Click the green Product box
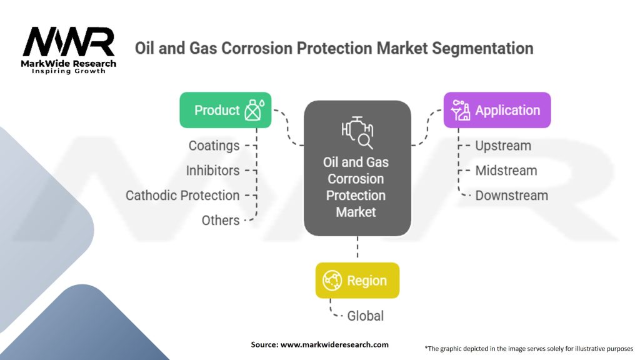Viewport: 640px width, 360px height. [x=225, y=110]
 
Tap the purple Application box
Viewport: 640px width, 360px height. [x=497, y=110]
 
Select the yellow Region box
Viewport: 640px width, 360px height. [x=357, y=281]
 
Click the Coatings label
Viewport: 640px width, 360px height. [x=214, y=146]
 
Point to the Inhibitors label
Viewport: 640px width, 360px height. [x=212, y=171]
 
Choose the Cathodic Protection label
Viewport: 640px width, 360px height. [x=182, y=196]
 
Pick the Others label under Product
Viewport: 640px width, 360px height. [x=221, y=221]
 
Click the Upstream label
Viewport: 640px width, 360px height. [x=503, y=146]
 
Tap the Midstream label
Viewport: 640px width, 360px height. [x=506, y=171]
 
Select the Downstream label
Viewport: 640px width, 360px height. [x=511, y=196]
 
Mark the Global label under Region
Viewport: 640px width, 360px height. [x=365, y=316]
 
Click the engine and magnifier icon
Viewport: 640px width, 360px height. [x=357, y=132]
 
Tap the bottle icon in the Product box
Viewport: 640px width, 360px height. [x=254, y=110]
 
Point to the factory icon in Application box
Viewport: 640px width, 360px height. [x=461, y=110]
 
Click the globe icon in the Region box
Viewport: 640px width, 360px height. [x=332, y=281]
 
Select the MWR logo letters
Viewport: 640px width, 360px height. [x=69, y=42]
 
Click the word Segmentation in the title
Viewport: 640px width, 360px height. [x=482, y=48]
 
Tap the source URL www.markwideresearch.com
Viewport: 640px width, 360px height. [x=334, y=344]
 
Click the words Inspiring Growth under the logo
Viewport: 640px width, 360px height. [x=69, y=71]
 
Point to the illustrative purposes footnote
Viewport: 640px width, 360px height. [x=529, y=349]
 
